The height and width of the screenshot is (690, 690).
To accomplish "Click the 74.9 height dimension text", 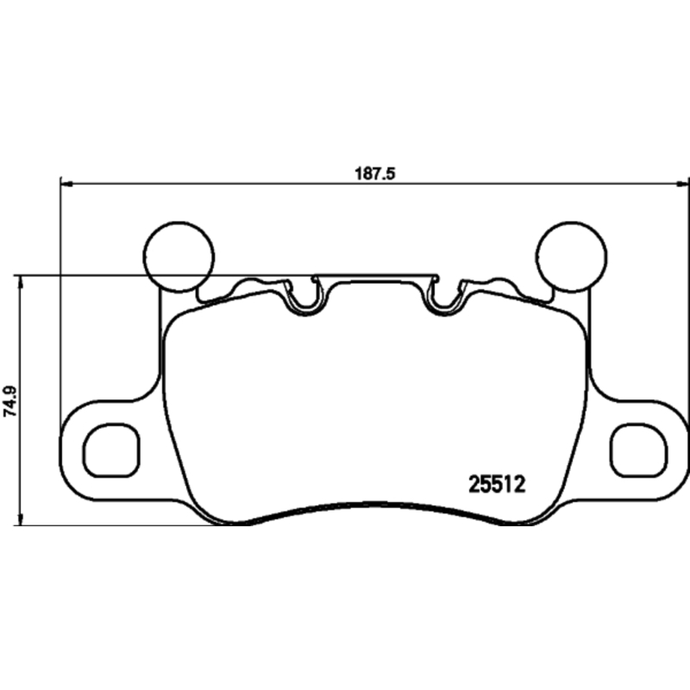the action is point(9,402).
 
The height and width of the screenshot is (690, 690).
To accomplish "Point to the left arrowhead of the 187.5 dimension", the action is point(66,183).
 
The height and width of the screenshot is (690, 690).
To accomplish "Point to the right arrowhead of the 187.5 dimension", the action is point(683,183).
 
